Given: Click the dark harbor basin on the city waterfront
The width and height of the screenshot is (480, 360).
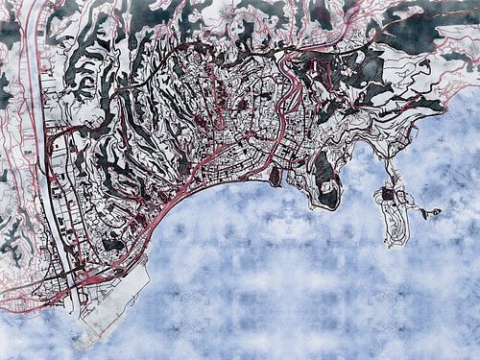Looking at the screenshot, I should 276,177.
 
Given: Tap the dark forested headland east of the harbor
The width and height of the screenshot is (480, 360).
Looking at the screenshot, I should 325,182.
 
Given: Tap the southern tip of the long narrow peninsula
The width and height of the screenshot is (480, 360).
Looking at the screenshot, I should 395,243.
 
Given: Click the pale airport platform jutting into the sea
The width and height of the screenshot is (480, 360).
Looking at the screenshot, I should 110,298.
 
